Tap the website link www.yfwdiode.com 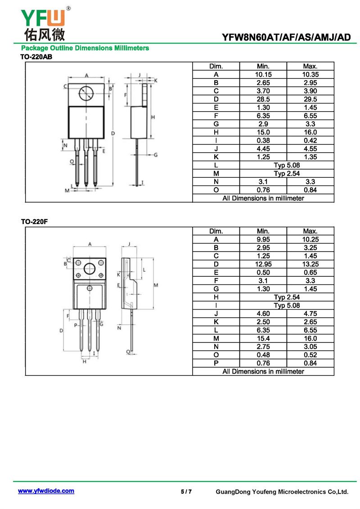(x=46, y=491)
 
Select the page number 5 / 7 (x=186, y=491)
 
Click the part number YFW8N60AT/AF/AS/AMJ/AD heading (x=286, y=37)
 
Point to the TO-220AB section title (x=36, y=57)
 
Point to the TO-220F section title (x=34, y=222)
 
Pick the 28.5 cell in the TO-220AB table (x=263, y=99)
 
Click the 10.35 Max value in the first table (x=310, y=74)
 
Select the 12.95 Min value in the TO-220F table (x=263, y=264)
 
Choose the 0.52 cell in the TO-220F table (x=310, y=355)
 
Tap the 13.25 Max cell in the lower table (x=310, y=264)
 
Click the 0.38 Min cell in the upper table (x=263, y=140)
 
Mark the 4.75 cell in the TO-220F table (x=310, y=314)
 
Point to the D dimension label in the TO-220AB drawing (x=113, y=133)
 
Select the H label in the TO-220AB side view (x=153, y=117)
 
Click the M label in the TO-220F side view (x=156, y=285)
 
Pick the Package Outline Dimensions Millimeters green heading (x=85, y=48)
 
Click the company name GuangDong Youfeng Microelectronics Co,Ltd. (x=282, y=492)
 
